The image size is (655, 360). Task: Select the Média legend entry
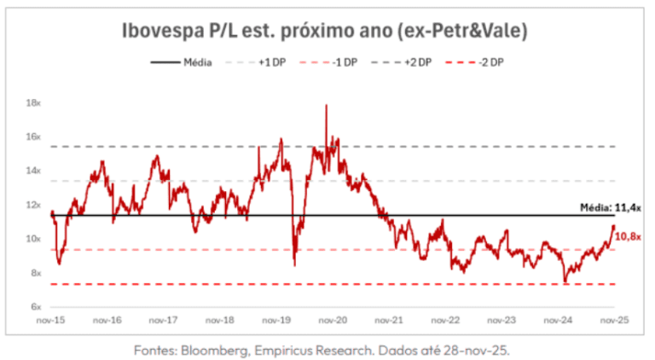(x=193, y=62)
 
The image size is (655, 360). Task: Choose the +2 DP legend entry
(x=418, y=62)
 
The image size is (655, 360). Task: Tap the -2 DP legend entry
(x=492, y=62)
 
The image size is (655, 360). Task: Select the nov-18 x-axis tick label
(x=219, y=322)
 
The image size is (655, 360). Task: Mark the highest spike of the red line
(x=326, y=106)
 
